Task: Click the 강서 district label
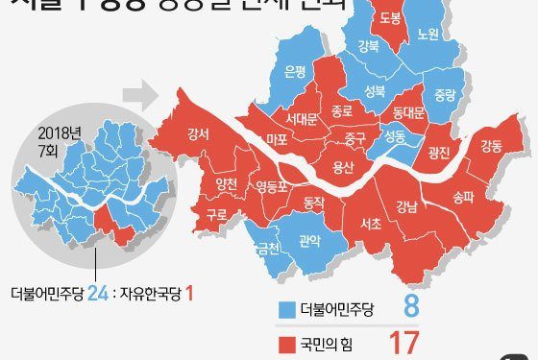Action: pos(200,134)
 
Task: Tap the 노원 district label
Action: pos(428,34)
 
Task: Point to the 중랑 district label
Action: pos(442,95)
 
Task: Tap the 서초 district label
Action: pos(370,223)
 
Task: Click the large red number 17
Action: pos(405,341)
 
